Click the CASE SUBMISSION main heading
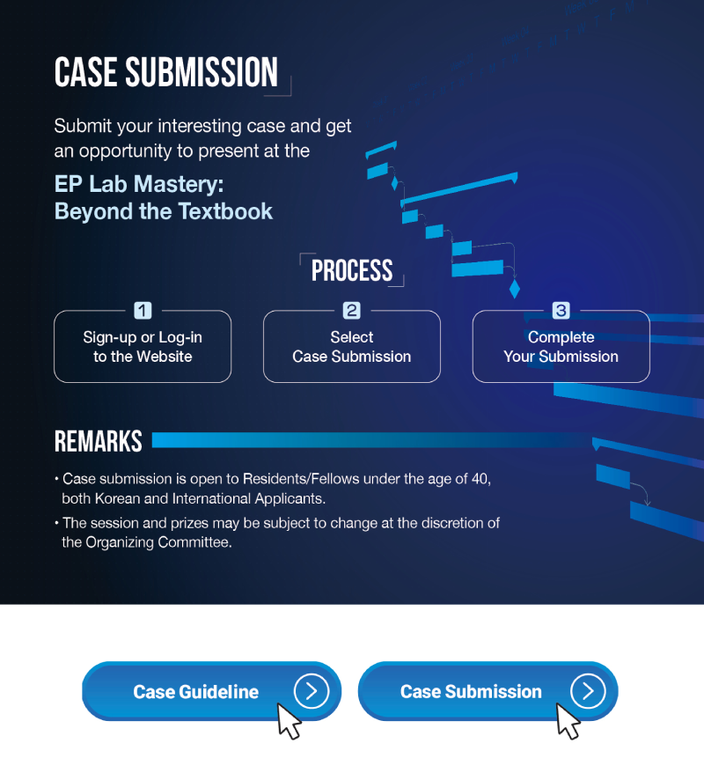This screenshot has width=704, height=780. coord(166,72)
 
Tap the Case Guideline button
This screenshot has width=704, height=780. coord(212,691)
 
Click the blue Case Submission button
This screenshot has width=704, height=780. coord(488,691)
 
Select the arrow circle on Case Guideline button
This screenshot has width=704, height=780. coord(312,691)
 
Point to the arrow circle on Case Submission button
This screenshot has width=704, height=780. coord(588,691)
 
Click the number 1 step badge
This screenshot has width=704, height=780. coord(143,311)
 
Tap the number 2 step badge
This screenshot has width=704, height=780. coord(352,311)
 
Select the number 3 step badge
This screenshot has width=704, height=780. coord(561,311)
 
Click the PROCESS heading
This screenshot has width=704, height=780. coord(352,270)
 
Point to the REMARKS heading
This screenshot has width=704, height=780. coord(98,441)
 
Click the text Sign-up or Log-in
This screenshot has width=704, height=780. coord(143,337)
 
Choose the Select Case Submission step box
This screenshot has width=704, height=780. coord(352,346)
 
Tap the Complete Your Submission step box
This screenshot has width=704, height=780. coord(561,346)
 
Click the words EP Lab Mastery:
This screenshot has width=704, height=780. coord(139,184)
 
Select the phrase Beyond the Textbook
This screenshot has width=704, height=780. coord(164,211)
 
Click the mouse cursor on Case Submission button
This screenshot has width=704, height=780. coord(567,719)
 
